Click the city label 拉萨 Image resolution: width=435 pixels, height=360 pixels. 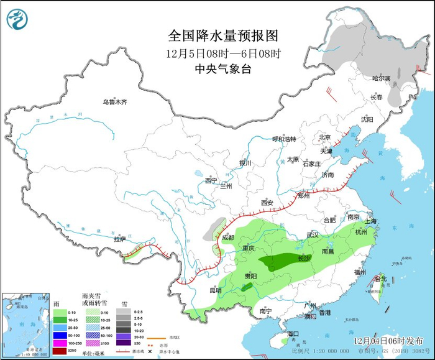click(x=120, y=239)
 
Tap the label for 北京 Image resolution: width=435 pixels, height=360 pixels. click(x=324, y=137)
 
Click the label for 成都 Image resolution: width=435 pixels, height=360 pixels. click(x=227, y=238)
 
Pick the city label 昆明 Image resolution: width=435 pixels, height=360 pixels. click(x=215, y=290)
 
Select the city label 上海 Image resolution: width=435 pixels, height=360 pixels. click(x=371, y=221)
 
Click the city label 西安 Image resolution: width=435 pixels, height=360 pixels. click(x=267, y=203)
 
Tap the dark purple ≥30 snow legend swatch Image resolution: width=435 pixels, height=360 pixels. click(x=125, y=342)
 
